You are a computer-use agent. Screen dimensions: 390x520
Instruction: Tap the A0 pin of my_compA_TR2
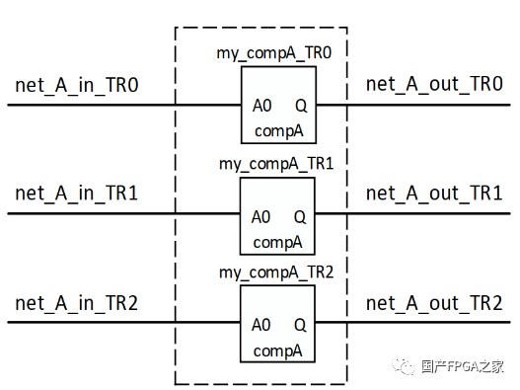(261, 325)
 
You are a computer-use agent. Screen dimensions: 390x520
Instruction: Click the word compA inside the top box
(278, 130)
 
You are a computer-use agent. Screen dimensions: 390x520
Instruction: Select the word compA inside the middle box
(278, 242)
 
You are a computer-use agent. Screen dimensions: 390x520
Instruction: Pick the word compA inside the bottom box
(278, 351)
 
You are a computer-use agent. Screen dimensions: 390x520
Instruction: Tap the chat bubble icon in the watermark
(407, 366)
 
